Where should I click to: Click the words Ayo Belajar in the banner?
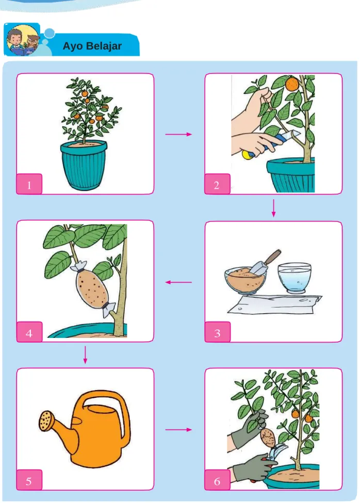coord(92,46)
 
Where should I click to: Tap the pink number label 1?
coord(29,184)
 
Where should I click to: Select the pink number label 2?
coord(217,184)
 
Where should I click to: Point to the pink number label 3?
coord(217,332)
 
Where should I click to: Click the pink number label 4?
coord(29,332)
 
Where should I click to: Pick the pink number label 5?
coord(29,480)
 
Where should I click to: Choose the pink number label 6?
coord(217,480)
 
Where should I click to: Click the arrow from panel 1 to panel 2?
coord(178,134)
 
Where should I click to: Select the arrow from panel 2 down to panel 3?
coord(273,208)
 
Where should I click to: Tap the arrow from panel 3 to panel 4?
coord(178,282)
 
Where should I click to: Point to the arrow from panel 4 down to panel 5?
coord(85,355)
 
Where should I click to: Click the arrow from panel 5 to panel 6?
coord(178,430)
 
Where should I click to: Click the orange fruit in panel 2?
coord(292,85)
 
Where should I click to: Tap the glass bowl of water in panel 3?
coord(294,278)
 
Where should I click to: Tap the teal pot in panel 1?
coord(84,165)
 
